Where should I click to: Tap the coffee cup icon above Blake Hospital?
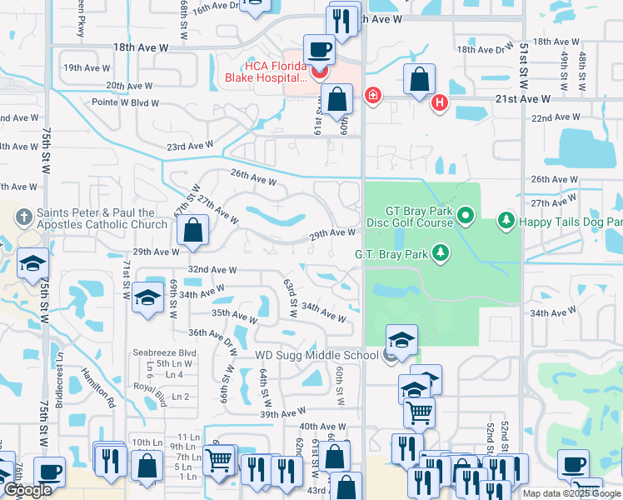click(319, 51)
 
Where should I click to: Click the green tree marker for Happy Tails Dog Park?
click(505, 221)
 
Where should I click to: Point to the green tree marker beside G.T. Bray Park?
click(440, 252)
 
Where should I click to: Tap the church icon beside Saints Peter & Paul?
click(23, 218)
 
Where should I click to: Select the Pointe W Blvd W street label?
click(125, 102)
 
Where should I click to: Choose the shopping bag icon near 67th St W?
click(192, 232)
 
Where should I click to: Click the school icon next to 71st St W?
click(147, 300)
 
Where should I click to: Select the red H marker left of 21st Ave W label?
click(440, 103)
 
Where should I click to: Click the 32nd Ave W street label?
click(212, 270)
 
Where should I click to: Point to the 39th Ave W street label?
click(282, 414)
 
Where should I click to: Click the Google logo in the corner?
click(28, 491)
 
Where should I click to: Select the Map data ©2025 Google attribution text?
click(571, 493)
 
